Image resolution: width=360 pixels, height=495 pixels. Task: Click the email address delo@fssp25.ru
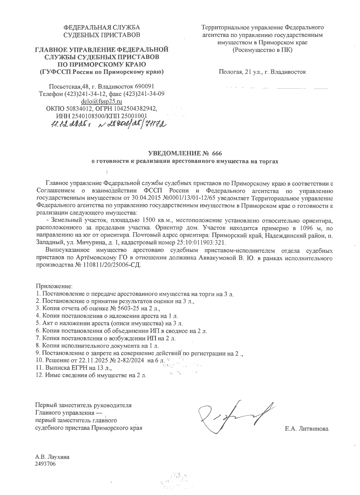click(101, 101)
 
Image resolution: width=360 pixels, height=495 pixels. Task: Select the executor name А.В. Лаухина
click(52, 457)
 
